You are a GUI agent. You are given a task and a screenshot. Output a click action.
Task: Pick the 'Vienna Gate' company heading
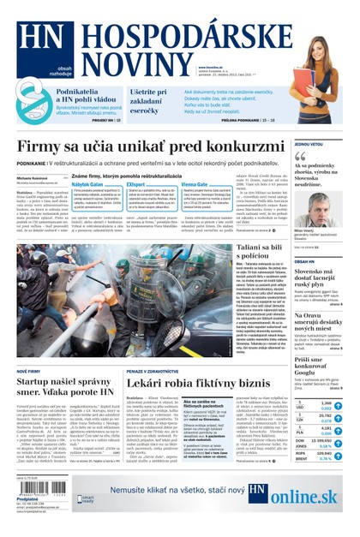pos(195,184)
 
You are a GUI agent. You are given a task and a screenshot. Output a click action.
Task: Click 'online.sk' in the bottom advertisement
pos(303,496)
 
